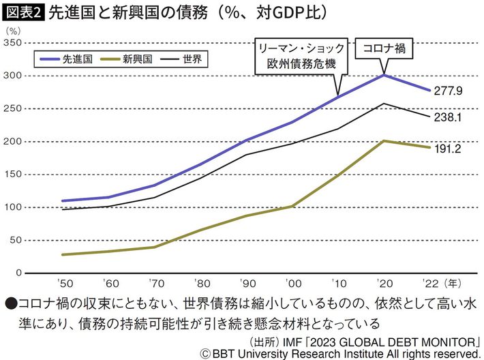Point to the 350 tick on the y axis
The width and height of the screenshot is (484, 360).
11,43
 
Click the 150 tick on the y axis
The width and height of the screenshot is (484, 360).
11,174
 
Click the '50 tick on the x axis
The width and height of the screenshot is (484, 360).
68,282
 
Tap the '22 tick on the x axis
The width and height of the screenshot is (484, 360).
429,282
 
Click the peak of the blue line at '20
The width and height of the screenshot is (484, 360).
384,74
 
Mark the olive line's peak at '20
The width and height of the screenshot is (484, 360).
384,141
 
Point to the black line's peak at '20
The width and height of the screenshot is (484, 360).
384,104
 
